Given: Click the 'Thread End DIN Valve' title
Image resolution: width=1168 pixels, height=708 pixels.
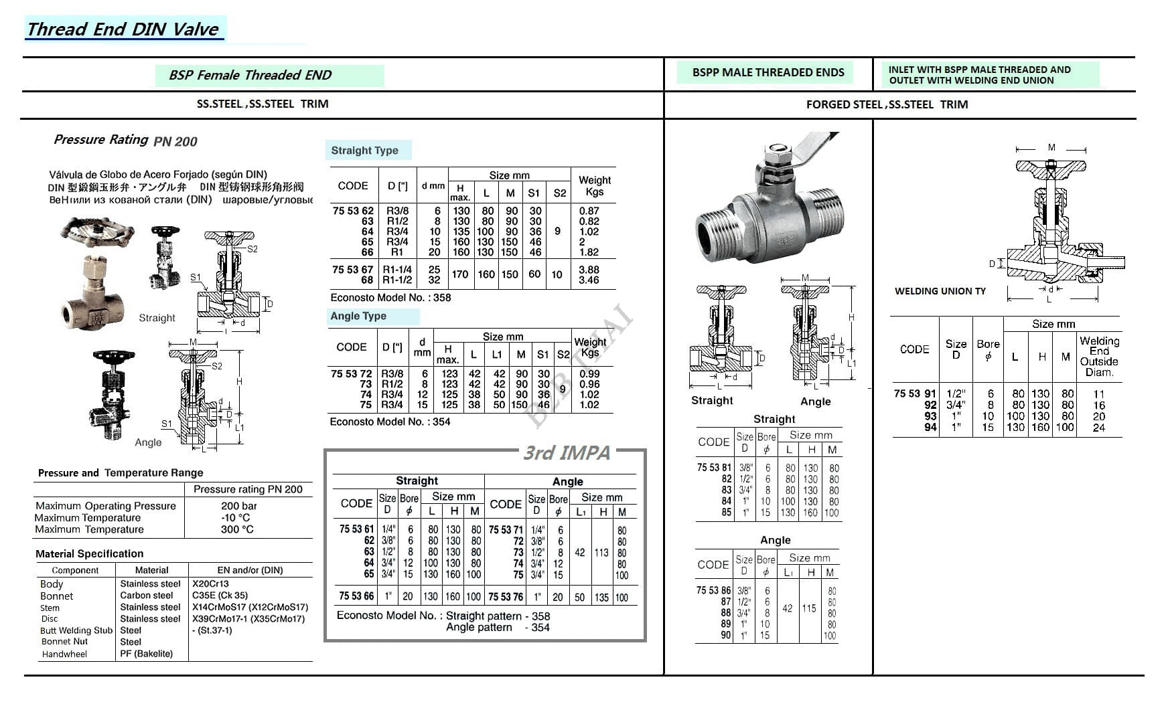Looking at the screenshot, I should pyautogui.click(x=123, y=29).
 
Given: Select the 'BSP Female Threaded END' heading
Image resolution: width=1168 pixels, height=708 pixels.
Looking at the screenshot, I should pyautogui.click(x=250, y=75).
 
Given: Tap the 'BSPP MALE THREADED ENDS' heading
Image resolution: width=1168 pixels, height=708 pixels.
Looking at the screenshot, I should pyautogui.click(x=768, y=72).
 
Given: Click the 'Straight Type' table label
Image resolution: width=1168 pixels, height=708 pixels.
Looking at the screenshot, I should pyautogui.click(x=364, y=151).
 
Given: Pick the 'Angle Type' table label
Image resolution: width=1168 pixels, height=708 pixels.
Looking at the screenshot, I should pyautogui.click(x=358, y=316).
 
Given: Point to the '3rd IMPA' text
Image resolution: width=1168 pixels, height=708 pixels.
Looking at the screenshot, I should pyautogui.click(x=567, y=453).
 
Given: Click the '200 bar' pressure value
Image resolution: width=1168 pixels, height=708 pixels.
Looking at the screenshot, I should pyautogui.click(x=239, y=506).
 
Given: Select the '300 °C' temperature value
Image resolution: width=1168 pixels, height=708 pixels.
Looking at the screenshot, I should pyautogui.click(x=237, y=529).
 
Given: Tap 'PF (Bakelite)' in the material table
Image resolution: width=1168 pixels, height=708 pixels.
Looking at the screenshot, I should pyautogui.click(x=146, y=654).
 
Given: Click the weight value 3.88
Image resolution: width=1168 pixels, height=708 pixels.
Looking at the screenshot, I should pyautogui.click(x=589, y=270).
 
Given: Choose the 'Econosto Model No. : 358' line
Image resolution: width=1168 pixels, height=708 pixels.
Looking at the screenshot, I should pyautogui.click(x=390, y=298).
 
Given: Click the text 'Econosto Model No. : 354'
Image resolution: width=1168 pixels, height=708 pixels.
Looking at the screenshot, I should pyautogui.click(x=390, y=422).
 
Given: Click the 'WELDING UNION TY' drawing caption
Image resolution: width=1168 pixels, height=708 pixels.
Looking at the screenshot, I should pyautogui.click(x=940, y=291).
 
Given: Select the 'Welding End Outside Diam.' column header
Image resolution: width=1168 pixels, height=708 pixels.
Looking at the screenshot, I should pyautogui.click(x=1098, y=356).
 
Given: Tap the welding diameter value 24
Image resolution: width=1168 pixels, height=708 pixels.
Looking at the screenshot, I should pyautogui.click(x=1098, y=428).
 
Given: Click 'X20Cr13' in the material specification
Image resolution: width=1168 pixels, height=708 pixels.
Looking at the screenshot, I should pyautogui.click(x=210, y=584).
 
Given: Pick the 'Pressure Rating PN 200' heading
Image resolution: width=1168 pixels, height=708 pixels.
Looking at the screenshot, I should pyautogui.click(x=125, y=141).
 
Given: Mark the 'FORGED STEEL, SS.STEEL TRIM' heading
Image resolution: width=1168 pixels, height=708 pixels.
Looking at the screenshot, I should pyautogui.click(x=887, y=104).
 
